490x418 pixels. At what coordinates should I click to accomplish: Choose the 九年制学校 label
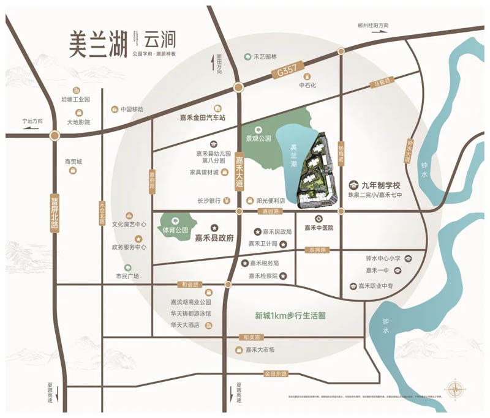(x=380, y=185)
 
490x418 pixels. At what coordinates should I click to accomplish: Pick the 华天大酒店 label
(x=185, y=325)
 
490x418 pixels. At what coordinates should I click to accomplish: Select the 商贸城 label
(x=73, y=162)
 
